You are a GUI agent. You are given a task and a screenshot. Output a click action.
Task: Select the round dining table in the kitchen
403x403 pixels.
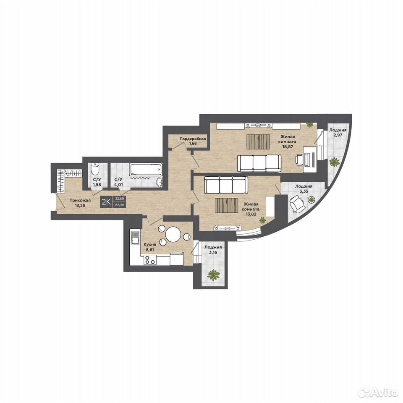(173, 234)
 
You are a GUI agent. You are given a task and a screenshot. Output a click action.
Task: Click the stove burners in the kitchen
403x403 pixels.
(149, 260)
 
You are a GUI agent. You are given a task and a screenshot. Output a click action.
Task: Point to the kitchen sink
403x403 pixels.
(135, 238)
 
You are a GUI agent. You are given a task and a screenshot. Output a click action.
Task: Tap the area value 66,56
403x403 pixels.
(119, 205)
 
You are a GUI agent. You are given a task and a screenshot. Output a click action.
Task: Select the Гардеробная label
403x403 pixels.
(193, 139)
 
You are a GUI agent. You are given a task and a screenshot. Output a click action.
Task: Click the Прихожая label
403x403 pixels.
(80, 201)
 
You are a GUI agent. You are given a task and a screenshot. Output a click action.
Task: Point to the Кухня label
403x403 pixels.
(150, 245)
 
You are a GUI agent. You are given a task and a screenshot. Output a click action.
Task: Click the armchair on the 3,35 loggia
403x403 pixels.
(297, 204)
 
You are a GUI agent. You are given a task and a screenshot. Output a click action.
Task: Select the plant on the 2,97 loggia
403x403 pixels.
(335, 162)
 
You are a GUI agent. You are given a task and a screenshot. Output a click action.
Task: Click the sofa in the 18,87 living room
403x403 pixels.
(258, 163)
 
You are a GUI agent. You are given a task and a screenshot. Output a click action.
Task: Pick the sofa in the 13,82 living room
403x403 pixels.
(226, 185)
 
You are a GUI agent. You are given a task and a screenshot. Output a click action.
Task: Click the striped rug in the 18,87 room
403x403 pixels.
(258, 141)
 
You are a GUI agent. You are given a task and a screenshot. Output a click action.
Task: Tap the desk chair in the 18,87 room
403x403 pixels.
(299, 159)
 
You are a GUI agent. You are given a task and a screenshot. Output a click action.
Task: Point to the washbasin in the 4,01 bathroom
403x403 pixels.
(160, 182)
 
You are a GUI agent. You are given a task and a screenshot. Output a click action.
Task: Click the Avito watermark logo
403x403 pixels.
(377, 393)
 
